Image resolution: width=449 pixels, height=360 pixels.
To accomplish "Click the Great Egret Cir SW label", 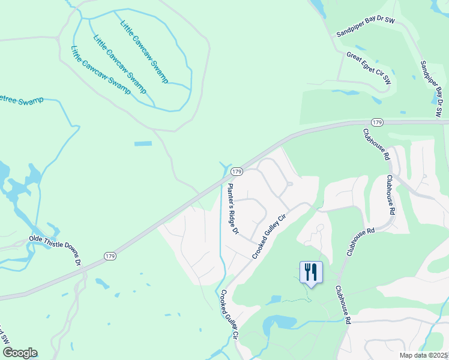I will (369, 67).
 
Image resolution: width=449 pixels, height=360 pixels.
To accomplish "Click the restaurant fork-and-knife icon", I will (311, 272).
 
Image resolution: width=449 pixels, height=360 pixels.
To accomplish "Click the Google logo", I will (20, 352).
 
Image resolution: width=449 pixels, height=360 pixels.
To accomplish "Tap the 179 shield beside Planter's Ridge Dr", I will (237, 172).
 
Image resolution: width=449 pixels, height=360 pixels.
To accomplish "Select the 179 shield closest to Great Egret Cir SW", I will (377, 122).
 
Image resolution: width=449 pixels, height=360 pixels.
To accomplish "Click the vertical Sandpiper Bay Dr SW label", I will (431, 88).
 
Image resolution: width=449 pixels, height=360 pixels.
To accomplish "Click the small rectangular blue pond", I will (143, 144).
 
